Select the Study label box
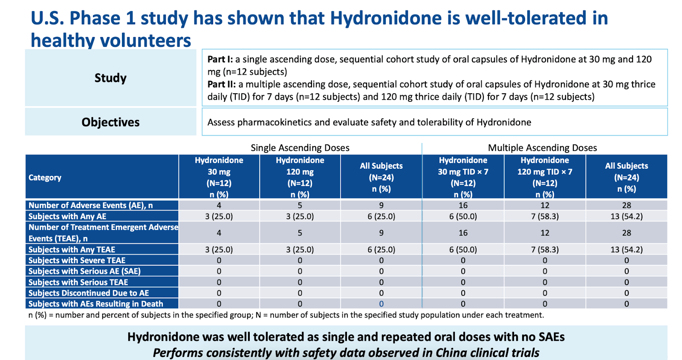tap(110, 78)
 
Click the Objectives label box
tap(110, 122)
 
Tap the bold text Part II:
tap(221, 84)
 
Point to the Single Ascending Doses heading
tap(300, 148)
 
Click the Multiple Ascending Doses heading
tap(542, 148)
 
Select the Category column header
tap(45, 178)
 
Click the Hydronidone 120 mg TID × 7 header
tap(545, 177)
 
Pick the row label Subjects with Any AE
tap(67, 216)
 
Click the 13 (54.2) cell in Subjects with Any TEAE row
tap(626, 250)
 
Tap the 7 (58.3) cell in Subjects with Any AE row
tap(545, 216)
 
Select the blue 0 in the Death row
tap(381, 304)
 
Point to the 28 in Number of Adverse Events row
tap(626, 205)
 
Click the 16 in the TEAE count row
tap(463, 233)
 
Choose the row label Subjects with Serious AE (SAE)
tap(84, 271)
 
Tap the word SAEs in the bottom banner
tap(552, 337)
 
